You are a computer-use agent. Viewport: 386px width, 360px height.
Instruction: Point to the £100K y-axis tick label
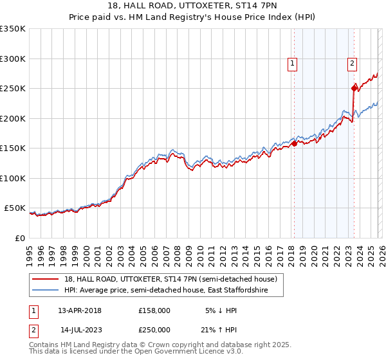(13, 178)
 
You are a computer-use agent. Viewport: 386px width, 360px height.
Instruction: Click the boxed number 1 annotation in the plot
(293, 63)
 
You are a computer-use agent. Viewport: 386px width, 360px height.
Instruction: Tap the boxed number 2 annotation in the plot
(353, 63)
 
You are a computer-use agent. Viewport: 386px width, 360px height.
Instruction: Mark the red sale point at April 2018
(294, 144)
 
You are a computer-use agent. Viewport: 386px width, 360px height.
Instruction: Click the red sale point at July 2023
(354, 89)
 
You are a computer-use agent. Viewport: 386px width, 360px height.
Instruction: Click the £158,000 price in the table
(154, 310)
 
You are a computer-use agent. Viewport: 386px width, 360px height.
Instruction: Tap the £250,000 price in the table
(154, 329)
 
